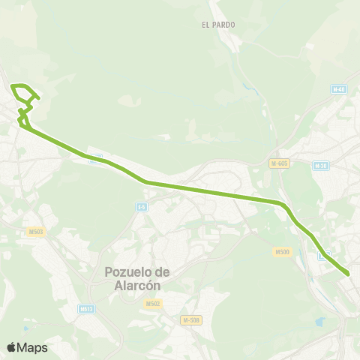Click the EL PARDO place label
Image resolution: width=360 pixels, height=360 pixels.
218,25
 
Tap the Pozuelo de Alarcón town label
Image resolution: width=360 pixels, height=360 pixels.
135,277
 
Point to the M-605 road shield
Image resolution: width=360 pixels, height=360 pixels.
279,163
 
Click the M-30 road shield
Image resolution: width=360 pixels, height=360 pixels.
321,166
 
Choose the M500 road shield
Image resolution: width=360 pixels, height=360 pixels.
282,252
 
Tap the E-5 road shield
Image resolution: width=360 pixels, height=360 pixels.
141,206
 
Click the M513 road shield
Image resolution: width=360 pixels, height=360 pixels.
86,308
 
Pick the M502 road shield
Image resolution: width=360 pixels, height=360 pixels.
153,304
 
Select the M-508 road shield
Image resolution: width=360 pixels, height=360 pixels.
191,320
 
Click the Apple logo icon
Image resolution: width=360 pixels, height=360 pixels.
11,347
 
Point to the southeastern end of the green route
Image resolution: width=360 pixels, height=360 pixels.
348,274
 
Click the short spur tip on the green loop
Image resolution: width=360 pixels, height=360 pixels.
38,98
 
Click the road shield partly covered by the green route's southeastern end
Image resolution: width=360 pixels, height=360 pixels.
324,256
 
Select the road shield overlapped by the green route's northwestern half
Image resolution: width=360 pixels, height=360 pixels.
94,159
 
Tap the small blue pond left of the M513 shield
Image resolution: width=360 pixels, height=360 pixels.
25,328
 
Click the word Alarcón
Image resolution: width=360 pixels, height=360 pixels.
135,285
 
